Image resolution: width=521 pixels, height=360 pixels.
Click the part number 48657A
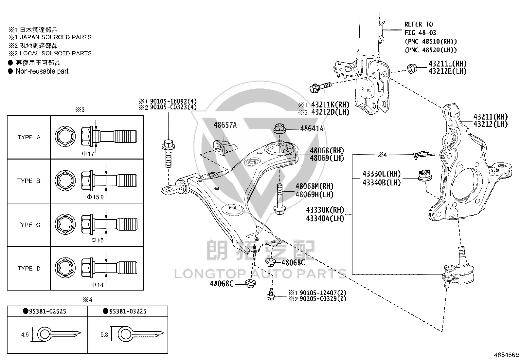pos(225,125)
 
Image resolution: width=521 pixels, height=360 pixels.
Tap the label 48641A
pos(312,128)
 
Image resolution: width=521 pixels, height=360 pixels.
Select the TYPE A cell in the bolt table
pos(29,137)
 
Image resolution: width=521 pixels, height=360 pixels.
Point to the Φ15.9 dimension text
pos(95,197)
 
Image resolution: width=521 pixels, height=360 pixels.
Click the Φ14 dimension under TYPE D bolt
pos(97,285)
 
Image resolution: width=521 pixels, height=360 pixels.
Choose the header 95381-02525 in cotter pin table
pos(45,311)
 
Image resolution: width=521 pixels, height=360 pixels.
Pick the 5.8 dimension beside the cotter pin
pos(104,335)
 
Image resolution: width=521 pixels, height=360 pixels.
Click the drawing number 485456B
pos(507,355)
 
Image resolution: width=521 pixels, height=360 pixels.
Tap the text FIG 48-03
pos(420,33)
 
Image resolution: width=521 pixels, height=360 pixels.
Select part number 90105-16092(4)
pos(173,101)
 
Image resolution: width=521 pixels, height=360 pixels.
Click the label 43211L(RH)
pos(447,64)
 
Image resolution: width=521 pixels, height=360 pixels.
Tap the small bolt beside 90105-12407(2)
pos(271,294)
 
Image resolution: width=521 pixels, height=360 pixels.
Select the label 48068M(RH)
pos(314,186)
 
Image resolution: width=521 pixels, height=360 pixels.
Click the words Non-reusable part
pos(42,71)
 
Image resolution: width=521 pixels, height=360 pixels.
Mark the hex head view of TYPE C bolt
pos(65,224)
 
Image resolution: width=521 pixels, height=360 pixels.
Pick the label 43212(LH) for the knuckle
pos(491,124)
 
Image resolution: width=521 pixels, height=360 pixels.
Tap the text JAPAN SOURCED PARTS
pos(56,37)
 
